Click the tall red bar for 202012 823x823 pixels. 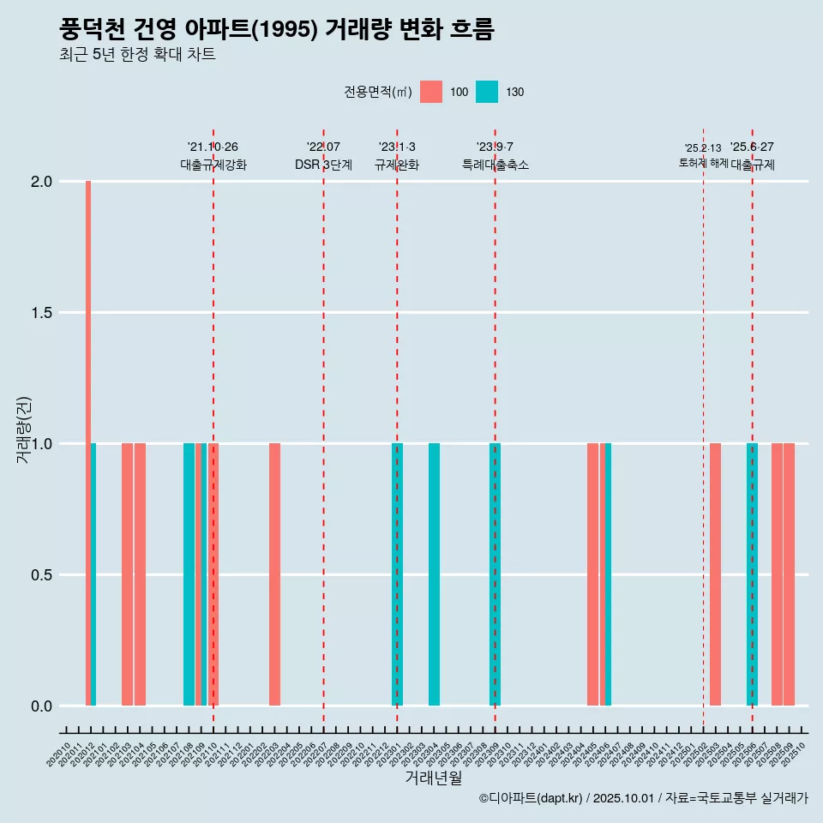(x=88, y=442)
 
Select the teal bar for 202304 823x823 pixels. (x=434, y=574)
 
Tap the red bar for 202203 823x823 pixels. (x=274, y=574)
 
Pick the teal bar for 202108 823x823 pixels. (x=189, y=574)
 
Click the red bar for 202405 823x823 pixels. (x=592, y=574)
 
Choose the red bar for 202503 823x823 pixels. (x=715, y=574)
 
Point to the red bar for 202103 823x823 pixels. (x=127, y=574)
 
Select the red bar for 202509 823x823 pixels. (x=789, y=574)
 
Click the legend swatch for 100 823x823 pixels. (x=431, y=92)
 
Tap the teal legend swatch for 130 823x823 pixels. (x=487, y=92)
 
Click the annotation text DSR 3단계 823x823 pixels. (x=323, y=165)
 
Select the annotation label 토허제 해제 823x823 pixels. (x=703, y=163)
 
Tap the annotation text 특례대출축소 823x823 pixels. (x=496, y=165)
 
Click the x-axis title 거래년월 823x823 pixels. (x=433, y=778)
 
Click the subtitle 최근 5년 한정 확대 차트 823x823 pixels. (x=137, y=55)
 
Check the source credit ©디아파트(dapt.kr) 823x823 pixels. (x=532, y=798)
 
